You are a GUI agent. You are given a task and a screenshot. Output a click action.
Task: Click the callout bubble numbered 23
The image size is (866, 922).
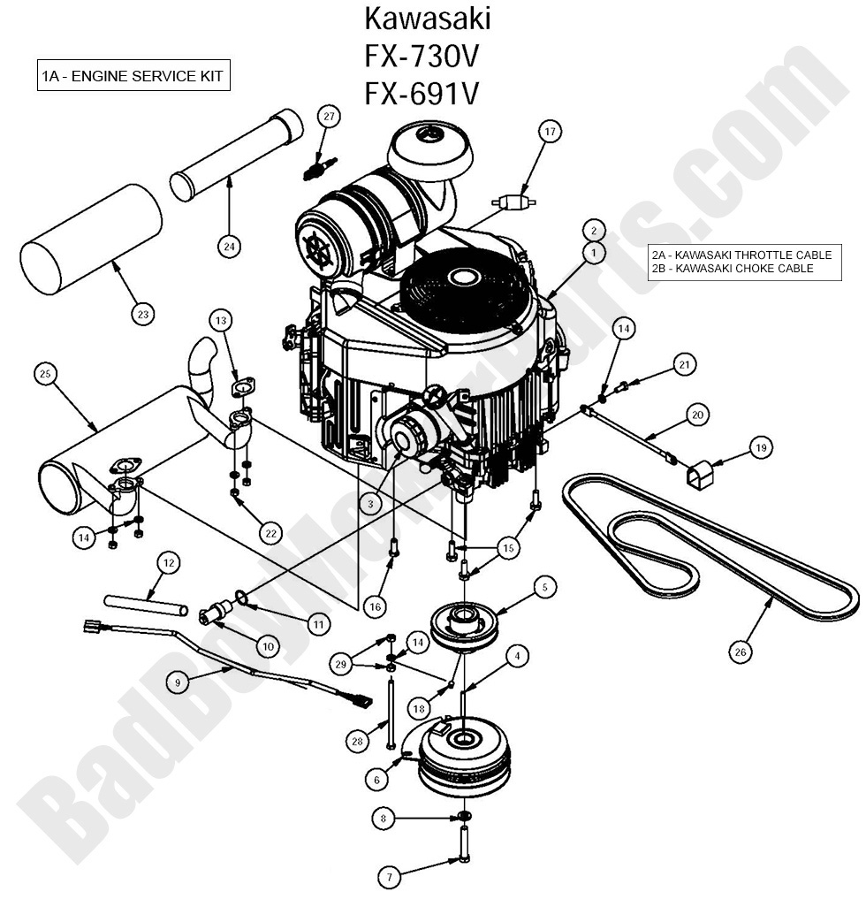click(143, 313)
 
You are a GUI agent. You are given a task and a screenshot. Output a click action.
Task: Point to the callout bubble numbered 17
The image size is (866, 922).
click(550, 133)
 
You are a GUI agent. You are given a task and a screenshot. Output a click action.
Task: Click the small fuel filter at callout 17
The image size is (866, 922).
click(513, 202)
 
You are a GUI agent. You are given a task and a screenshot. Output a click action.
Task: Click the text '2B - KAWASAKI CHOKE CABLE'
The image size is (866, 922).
click(732, 268)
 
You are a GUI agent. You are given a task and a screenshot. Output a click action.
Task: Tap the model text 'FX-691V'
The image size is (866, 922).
click(422, 91)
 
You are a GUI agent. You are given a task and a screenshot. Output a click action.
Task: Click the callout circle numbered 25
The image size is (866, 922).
click(45, 374)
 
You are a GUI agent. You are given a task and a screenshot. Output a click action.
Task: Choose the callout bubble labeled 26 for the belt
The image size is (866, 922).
click(741, 652)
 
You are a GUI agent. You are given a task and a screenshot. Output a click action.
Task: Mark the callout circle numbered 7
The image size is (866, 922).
click(389, 877)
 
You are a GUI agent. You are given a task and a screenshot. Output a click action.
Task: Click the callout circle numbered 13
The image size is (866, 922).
click(221, 319)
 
